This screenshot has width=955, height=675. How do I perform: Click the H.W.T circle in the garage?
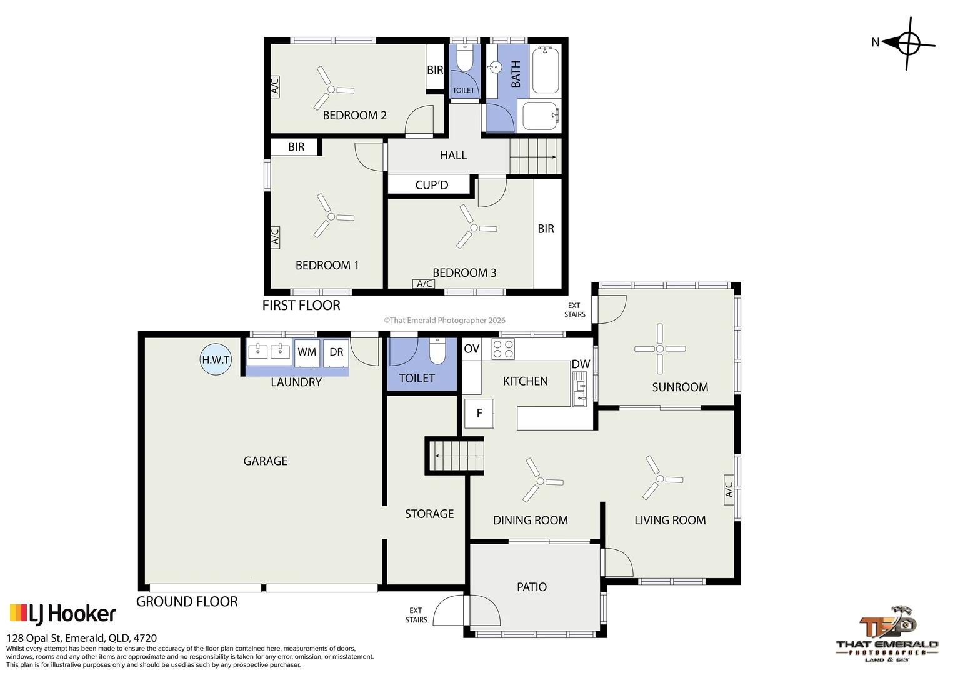(216, 359)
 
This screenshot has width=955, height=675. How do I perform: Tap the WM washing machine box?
(307, 352)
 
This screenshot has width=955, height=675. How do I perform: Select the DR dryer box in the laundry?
(336, 352)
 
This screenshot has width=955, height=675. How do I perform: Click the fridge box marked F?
(479, 413)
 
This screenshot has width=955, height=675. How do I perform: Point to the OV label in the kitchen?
(471, 349)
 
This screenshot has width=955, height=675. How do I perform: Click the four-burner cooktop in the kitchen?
(503, 349)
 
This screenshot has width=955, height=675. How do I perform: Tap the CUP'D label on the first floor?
(432, 185)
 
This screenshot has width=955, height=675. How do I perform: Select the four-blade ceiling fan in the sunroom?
(660, 349)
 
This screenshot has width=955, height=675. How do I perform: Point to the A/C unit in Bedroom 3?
(424, 284)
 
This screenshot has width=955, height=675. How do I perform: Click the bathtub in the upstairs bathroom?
(545, 70)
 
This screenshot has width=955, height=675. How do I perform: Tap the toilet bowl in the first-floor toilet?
(465, 59)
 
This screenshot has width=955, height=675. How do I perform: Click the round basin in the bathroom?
(495, 67)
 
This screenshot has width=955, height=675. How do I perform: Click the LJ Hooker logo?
(62, 614)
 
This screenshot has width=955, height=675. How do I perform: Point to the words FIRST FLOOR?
(301, 305)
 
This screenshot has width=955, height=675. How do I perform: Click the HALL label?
(453, 155)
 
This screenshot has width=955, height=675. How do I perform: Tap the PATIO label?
(532, 587)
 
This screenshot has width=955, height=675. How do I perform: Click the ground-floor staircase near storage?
(454, 456)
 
